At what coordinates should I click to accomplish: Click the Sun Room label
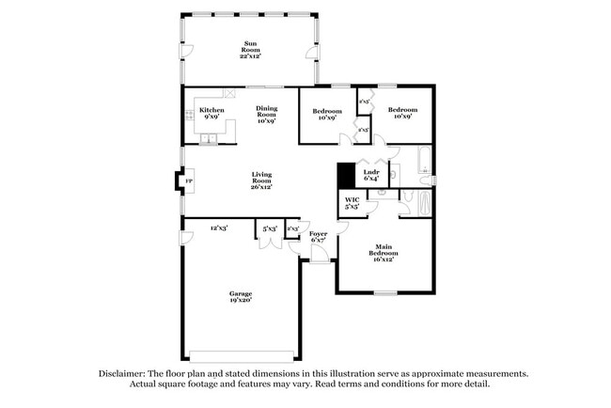pyautogui.click(x=251, y=48)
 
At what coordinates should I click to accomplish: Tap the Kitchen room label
pyautogui.click(x=211, y=114)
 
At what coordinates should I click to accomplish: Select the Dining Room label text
pyautogui.click(x=266, y=114)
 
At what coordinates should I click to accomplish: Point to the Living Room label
pyautogui.click(x=260, y=180)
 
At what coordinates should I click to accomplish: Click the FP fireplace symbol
pyautogui.click(x=188, y=180)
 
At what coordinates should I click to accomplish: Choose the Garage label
pyautogui.click(x=241, y=297)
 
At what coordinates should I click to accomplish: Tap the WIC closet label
pyautogui.click(x=352, y=203)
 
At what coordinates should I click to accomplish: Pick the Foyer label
pyautogui.click(x=318, y=236)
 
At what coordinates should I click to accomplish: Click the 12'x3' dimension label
pyautogui.click(x=220, y=228)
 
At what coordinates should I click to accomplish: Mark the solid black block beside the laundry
pyautogui.click(x=345, y=175)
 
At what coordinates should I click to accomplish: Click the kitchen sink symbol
pyautogui.click(x=209, y=140)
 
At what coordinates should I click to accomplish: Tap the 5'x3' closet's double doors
pyautogui.click(x=270, y=244)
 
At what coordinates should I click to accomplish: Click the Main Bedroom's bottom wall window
pyautogui.click(x=384, y=293)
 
